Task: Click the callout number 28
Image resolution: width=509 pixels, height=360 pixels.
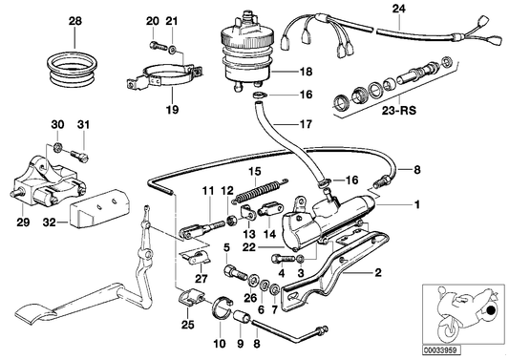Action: (x=76, y=20)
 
